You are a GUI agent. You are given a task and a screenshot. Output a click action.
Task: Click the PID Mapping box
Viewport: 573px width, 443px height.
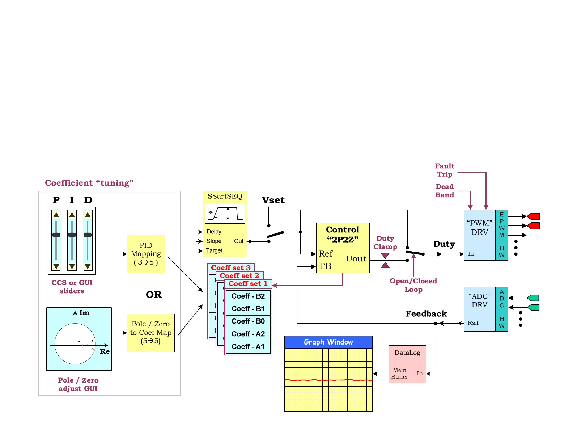(x=146, y=254)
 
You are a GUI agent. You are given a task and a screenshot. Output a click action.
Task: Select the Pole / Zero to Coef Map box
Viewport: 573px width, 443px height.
(x=150, y=333)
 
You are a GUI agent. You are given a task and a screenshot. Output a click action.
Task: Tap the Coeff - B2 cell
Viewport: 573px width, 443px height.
(x=248, y=296)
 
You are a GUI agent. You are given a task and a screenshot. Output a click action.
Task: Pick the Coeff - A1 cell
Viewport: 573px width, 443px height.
(x=248, y=347)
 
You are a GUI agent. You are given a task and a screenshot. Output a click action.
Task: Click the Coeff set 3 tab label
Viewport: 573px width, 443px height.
(x=230, y=268)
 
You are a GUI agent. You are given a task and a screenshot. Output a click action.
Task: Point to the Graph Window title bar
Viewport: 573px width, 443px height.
(x=328, y=342)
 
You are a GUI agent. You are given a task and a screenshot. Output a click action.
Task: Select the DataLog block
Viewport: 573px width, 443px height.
(x=407, y=364)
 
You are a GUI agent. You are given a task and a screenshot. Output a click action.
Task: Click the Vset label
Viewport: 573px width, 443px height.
(x=273, y=200)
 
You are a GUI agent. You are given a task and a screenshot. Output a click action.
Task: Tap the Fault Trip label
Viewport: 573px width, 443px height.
(x=444, y=170)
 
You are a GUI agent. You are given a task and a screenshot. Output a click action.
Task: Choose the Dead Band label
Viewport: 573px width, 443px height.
(x=444, y=191)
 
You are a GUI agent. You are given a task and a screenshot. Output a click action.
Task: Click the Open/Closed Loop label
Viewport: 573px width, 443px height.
(x=413, y=285)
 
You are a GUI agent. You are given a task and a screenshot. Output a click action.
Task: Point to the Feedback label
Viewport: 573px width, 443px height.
(x=426, y=314)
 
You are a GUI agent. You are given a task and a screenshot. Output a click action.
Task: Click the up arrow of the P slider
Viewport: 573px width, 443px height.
(x=56, y=215)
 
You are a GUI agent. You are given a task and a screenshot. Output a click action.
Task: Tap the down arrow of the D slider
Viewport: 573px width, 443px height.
(x=88, y=267)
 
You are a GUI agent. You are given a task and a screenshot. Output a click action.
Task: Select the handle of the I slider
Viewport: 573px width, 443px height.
(x=72, y=235)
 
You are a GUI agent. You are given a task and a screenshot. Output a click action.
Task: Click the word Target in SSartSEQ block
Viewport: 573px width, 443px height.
(x=215, y=250)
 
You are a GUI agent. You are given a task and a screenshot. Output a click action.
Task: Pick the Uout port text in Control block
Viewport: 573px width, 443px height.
(x=356, y=258)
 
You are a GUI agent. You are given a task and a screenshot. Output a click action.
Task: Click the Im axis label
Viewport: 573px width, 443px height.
(x=84, y=313)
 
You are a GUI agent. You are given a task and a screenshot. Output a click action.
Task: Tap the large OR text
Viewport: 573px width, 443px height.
(x=154, y=295)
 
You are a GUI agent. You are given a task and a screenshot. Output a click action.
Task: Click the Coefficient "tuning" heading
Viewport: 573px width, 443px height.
(x=89, y=183)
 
